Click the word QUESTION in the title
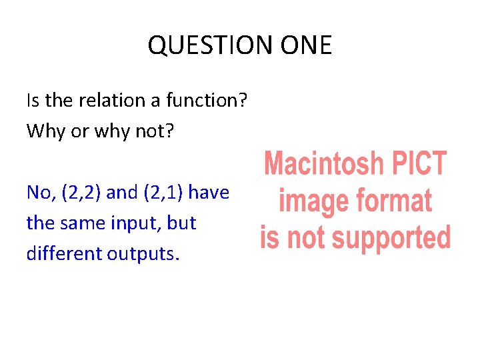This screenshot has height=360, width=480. (x=202, y=45)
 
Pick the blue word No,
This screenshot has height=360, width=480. (x=41, y=193)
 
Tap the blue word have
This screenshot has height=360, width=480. (x=209, y=193)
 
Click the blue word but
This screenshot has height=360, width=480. (x=182, y=223)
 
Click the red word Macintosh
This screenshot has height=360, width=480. (x=324, y=163)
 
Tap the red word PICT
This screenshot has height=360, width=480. (x=418, y=163)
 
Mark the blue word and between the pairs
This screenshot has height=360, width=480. (x=121, y=193)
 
